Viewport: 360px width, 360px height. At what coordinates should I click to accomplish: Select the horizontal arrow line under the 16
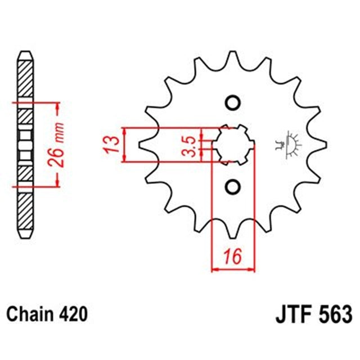(x=233, y=269)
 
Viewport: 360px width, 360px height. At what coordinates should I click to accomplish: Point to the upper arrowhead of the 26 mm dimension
(x=56, y=107)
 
